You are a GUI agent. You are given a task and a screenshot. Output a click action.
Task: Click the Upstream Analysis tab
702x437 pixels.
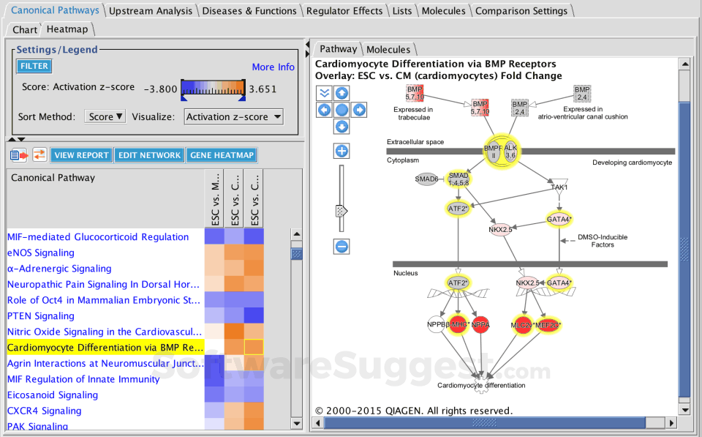pyautogui.click(x=151, y=11)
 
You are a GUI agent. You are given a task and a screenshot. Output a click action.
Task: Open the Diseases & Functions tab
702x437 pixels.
pyautogui.click(x=249, y=11)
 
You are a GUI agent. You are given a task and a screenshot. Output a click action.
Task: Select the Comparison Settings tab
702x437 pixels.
pyautogui.click(x=521, y=11)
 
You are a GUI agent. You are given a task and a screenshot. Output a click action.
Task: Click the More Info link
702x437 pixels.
pyautogui.click(x=273, y=67)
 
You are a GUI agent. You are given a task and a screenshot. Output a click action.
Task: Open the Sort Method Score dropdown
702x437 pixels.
pyautogui.click(x=106, y=117)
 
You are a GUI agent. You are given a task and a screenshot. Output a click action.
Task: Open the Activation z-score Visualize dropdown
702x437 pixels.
pyautogui.click(x=233, y=117)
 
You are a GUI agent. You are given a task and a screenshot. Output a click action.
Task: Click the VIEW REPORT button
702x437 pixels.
pyautogui.click(x=82, y=155)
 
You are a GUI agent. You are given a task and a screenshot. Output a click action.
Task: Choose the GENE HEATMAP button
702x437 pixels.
pyautogui.click(x=221, y=155)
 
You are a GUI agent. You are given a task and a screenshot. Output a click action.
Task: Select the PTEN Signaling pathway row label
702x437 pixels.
pyautogui.click(x=41, y=316)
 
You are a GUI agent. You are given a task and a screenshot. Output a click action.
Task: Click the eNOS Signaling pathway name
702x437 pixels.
pyautogui.click(x=41, y=253)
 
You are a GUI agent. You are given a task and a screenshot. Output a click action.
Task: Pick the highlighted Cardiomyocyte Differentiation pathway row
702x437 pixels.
pyautogui.click(x=105, y=348)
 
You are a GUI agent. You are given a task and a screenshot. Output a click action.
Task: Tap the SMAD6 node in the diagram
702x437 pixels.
pyautogui.click(x=426, y=179)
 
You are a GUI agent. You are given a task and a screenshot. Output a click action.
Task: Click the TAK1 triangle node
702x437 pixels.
pyautogui.click(x=559, y=186)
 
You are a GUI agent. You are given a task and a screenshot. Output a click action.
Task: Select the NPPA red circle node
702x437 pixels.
pyautogui.click(x=480, y=325)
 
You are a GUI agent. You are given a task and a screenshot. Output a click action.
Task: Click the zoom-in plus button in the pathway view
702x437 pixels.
pyautogui.click(x=341, y=152)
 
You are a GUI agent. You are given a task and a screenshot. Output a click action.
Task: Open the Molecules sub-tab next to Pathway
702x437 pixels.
pyautogui.click(x=388, y=50)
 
